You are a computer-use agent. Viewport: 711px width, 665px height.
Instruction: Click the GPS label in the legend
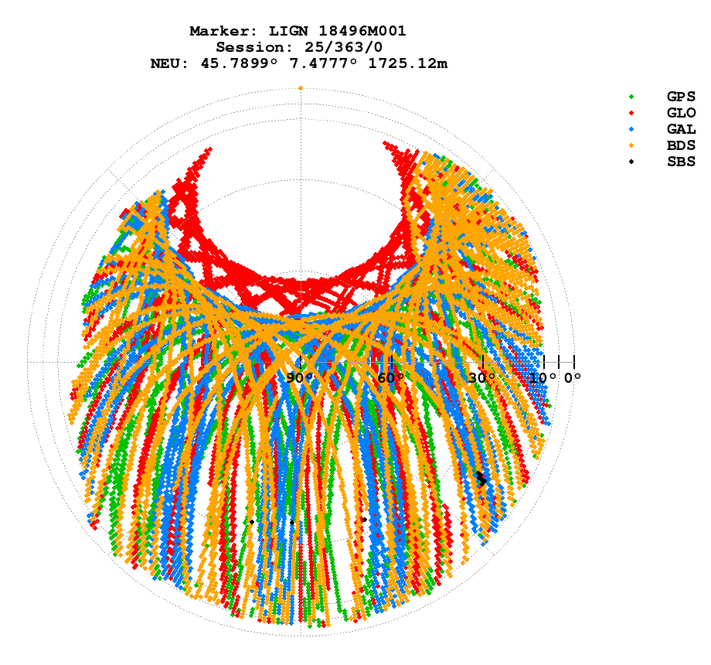coord(681,97)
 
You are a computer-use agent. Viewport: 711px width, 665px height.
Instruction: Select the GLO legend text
coord(681,113)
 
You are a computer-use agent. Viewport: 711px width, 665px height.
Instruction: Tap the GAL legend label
coord(681,129)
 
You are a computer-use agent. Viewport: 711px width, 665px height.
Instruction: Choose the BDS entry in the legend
coord(681,145)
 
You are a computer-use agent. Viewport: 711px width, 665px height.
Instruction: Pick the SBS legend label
coord(681,162)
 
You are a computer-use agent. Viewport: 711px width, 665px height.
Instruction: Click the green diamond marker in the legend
coord(631,97)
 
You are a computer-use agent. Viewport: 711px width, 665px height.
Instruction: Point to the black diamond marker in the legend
coord(631,162)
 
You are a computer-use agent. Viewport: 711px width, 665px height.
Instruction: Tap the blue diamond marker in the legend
coord(631,129)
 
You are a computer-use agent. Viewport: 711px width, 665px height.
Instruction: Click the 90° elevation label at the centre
coord(300,378)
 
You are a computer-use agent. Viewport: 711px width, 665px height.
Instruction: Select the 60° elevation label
coord(391,378)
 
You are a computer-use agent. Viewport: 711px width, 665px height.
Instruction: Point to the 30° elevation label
coord(482,378)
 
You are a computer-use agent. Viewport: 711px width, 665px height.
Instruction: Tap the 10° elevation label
coord(543,378)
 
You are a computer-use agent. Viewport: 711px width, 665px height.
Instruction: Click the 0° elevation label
coord(572,378)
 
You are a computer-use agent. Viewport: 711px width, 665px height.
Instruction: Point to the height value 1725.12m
coord(409,63)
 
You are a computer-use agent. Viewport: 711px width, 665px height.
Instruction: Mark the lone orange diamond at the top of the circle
coord(301,88)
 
